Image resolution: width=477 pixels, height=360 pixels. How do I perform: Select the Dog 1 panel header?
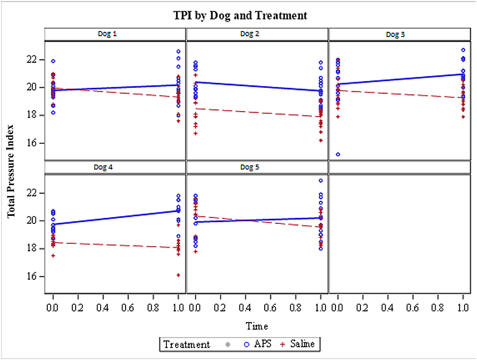point(115,34)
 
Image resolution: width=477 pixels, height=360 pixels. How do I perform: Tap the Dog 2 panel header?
point(257,34)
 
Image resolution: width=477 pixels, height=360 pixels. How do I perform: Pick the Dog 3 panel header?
point(399,34)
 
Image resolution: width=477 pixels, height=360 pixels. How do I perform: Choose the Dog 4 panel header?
point(115,168)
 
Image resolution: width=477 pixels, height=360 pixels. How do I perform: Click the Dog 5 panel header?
point(257,168)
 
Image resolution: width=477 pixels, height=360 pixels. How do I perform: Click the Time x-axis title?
point(257,327)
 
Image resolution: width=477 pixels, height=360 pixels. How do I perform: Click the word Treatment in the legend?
point(186,344)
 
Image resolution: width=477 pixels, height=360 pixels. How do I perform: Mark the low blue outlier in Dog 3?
point(338,155)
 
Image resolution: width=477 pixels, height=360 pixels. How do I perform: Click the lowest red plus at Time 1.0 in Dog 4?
point(178,275)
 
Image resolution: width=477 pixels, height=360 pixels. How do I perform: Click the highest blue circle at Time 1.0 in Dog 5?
point(320,180)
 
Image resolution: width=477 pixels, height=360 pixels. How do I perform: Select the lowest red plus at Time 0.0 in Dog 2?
point(195,134)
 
